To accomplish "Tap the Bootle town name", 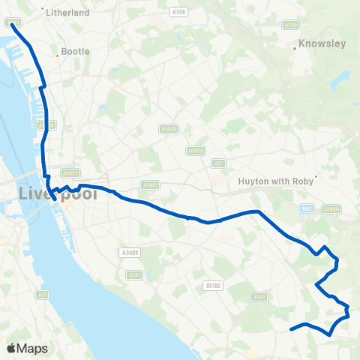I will coord(75,52).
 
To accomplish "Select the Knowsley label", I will coord(322,43).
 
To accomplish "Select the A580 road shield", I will coord(291,25).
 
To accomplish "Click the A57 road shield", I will coord(219,163).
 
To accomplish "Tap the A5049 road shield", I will coord(196,150).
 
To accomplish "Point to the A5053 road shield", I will coord(70,172).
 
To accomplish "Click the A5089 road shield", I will coord(130,253).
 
